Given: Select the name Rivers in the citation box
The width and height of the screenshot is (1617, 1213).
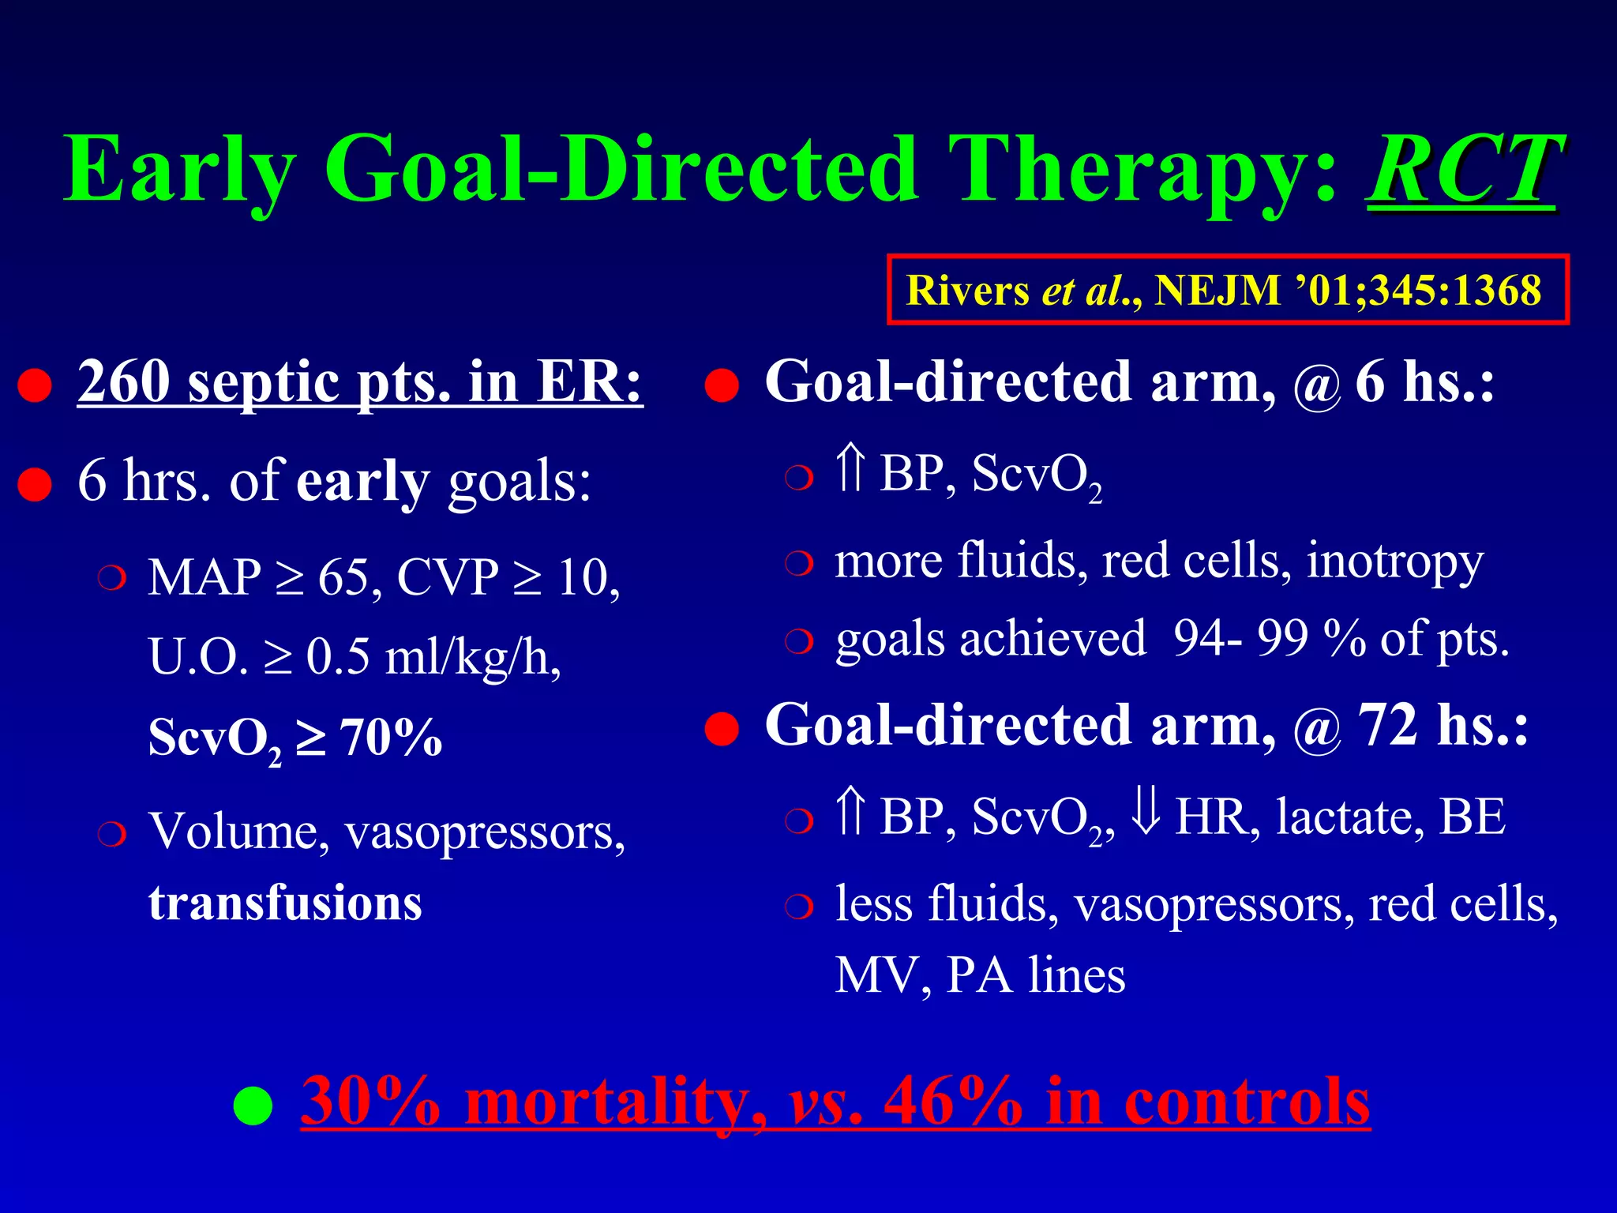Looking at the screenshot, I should (x=967, y=291).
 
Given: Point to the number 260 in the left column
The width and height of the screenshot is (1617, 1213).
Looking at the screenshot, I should (x=124, y=382).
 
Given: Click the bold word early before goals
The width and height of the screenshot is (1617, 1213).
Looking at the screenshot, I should (x=362, y=482).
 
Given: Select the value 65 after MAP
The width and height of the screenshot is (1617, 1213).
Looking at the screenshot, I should (x=343, y=577).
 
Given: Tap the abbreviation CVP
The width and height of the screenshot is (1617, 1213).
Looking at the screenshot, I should (x=448, y=577).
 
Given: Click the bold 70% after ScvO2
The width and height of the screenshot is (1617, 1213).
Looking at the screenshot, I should (x=391, y=738).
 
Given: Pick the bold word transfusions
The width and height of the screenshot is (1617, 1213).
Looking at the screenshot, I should (x=285, y=903).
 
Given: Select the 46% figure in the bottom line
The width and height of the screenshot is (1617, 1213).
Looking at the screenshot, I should (x=952, y=1101).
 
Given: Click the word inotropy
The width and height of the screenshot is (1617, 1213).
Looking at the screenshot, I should (x=1394, y=562).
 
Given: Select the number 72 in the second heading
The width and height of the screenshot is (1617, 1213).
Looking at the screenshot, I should (x=1387, y=725).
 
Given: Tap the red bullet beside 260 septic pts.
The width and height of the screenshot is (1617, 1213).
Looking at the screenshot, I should (x=35, y=386).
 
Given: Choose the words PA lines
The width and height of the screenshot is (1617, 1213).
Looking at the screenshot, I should (x=1036, y=976).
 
